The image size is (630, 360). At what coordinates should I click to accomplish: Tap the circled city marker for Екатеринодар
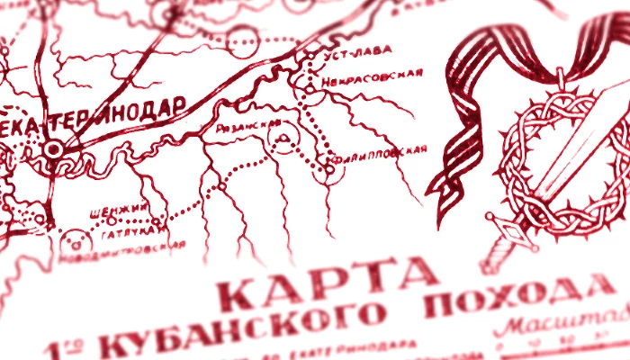point(53,148)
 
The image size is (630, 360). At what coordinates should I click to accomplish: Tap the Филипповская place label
point(382,152)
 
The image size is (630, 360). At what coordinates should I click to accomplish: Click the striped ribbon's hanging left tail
point(450,180)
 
